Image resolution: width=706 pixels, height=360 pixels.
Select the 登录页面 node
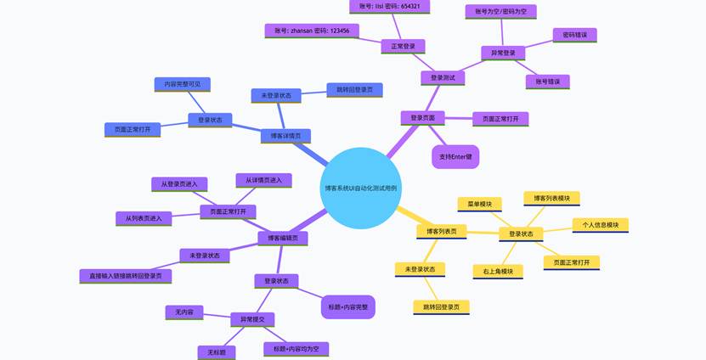(422, 118)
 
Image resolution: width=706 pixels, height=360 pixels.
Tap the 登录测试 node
(442, 77)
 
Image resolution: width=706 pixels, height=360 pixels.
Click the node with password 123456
(312, 31)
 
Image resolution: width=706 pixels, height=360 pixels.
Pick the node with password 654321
(389, 6)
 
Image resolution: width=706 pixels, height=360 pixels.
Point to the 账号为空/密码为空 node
(500, 11)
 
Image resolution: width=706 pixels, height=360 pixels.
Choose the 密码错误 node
(574, 35)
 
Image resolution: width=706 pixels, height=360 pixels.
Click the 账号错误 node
(547, 82)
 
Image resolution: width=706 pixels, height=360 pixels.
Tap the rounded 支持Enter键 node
(455, 157)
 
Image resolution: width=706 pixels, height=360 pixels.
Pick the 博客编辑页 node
(283, 239)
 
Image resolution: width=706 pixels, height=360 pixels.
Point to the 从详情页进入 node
(263, 180)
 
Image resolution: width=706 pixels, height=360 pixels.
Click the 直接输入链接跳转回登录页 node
(126, 276)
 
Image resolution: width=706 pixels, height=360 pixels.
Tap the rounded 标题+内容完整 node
(347, 307)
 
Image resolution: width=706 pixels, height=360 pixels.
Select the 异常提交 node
(252, 319)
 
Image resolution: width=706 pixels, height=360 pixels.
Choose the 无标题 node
(217, 352)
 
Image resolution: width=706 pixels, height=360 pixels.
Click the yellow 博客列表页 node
(441, 231)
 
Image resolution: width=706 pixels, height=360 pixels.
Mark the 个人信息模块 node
(600, 225)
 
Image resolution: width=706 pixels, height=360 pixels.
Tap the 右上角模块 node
(497, 272)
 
